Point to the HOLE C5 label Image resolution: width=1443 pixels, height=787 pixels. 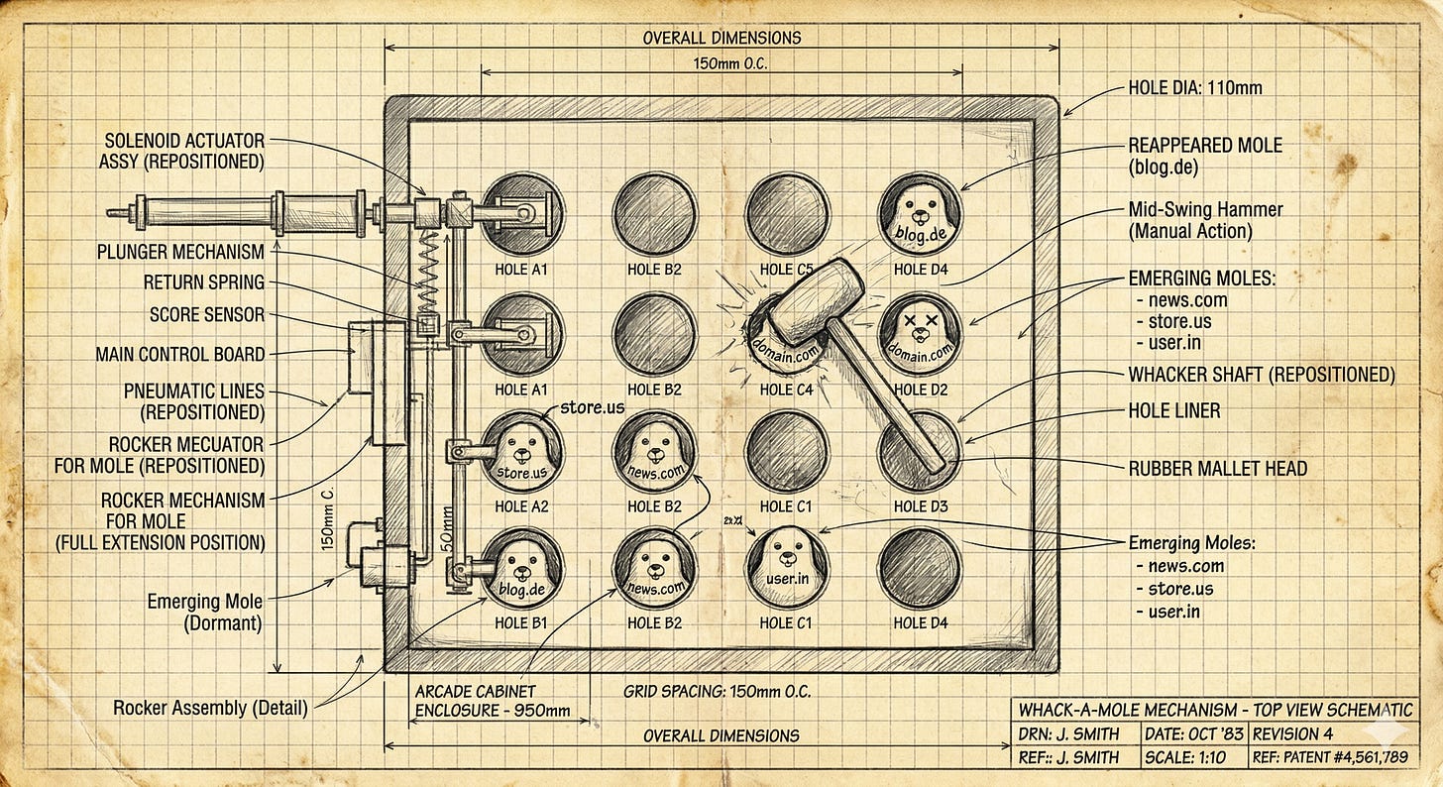coord(786,269)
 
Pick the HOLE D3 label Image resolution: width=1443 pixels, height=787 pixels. coord(920,506)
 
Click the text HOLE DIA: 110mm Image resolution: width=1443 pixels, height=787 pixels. coord(1195,88)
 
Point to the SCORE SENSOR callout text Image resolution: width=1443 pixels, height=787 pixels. coord(207,315)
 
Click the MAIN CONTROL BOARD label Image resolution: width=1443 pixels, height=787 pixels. coord(180,354)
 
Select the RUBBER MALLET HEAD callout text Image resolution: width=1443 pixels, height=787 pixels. coord(1218,469)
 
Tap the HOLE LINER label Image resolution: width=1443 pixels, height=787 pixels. coord(1174,409)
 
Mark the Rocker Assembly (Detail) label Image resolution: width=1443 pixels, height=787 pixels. coord(210,708)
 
